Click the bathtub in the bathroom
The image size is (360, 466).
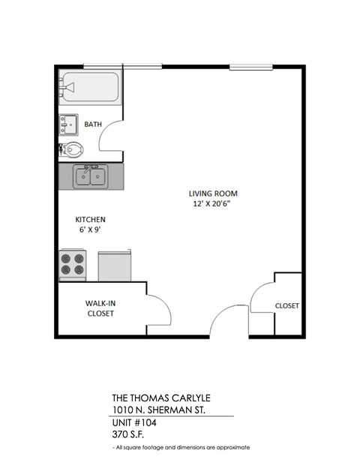[91, 88]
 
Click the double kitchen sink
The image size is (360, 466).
[91, 178]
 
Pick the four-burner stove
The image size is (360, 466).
[73, 264]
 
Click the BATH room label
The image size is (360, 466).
[93, 125]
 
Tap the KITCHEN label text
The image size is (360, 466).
[88, 219]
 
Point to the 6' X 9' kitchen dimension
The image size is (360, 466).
[88, 230]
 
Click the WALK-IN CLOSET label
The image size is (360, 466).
[99, 308]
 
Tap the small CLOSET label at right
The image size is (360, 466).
[287, 305]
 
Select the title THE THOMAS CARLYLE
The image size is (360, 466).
[158, 398]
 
